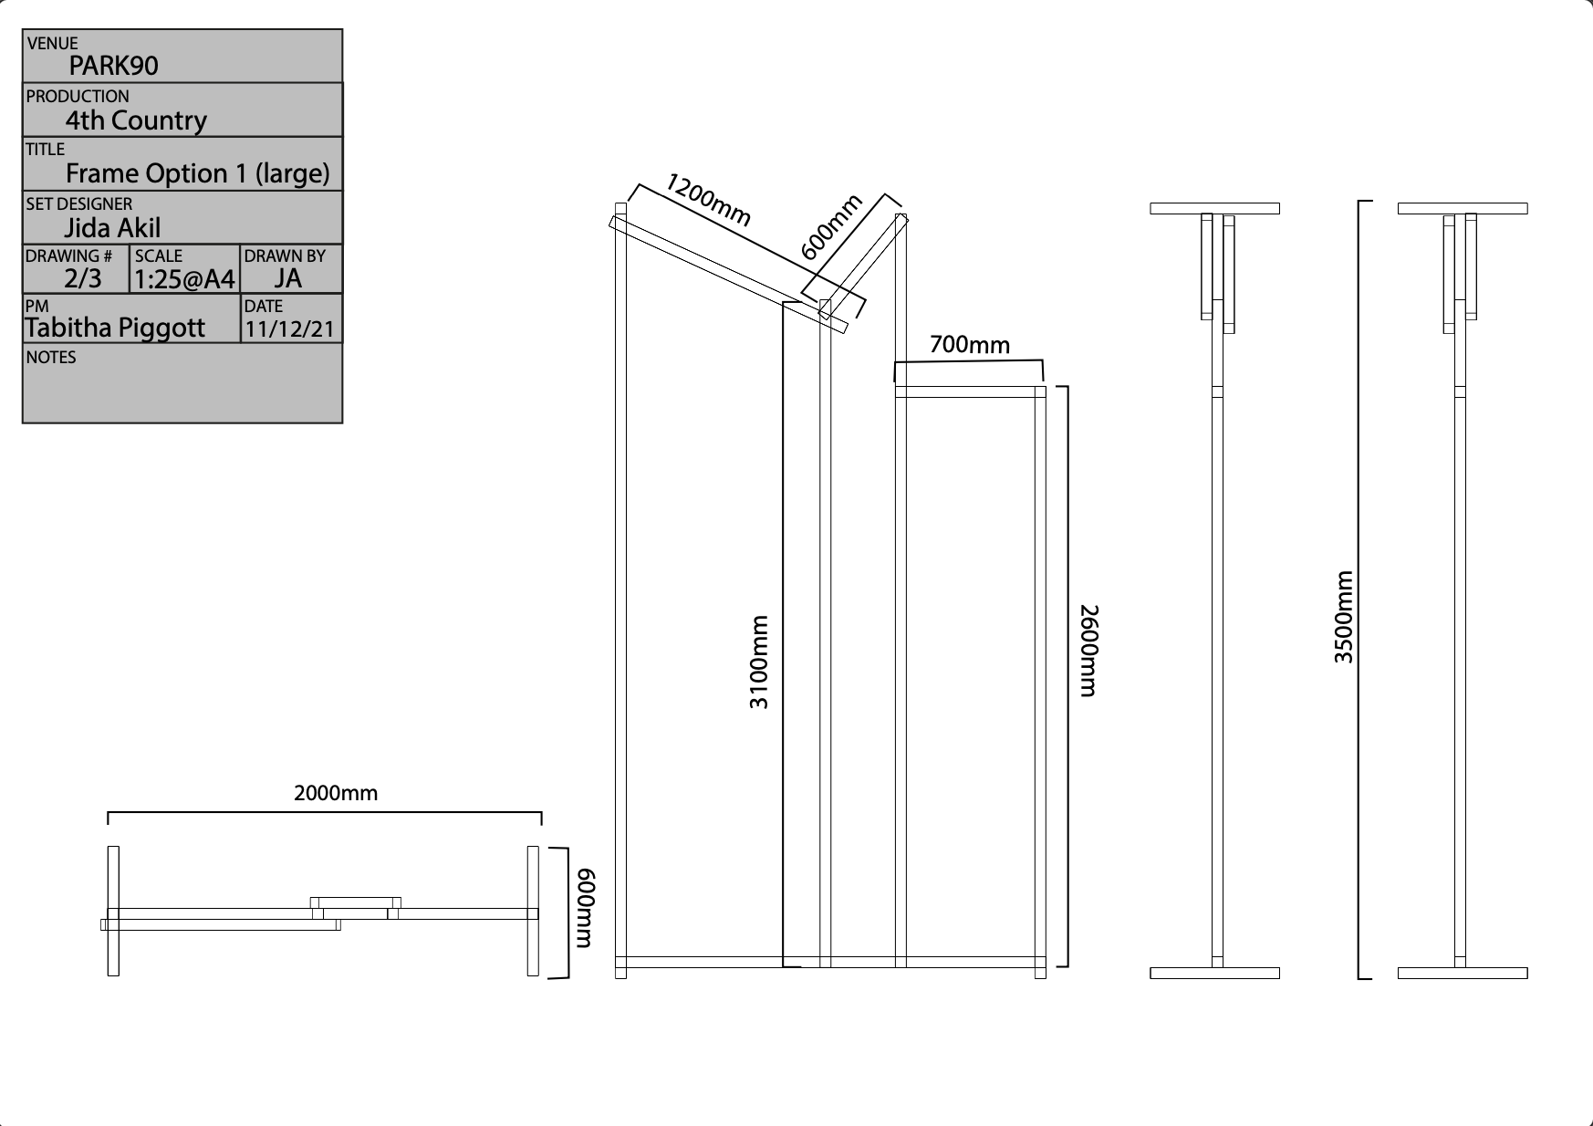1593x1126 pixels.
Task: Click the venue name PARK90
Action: coord(113,66)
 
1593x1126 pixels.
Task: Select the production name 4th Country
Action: coord(136,120)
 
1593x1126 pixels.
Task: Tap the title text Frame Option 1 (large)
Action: coord(197,173)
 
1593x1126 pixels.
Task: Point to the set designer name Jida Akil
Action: coord(112,228)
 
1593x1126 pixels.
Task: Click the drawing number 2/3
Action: coord(83,279)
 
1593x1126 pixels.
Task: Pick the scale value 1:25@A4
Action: coord(184,279)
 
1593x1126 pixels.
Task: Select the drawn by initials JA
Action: coord(287,279)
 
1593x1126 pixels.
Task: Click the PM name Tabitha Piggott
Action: coord(115,328)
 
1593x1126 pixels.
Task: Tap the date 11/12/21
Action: coord(290,329)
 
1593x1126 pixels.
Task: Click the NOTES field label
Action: coord(51,358)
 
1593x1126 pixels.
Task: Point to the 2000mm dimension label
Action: coord(336,794)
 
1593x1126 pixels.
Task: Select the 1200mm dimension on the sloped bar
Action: coord(709,200)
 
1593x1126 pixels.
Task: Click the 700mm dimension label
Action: coord(970,345)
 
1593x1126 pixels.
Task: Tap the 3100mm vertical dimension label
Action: coord(759,662)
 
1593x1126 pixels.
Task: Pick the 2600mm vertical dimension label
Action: coord(1088,651)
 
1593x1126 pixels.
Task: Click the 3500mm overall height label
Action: coord(1344,617)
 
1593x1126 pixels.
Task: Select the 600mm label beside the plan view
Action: coord(586,909)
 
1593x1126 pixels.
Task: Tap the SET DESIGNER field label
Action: coord(79,204)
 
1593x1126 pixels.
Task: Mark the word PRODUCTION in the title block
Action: coord(78,97)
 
